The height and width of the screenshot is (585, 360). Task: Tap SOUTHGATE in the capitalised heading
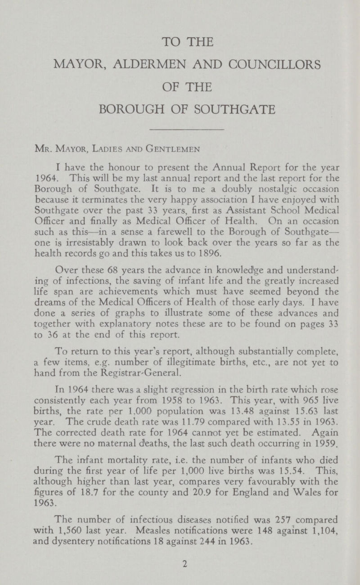[234, 109]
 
